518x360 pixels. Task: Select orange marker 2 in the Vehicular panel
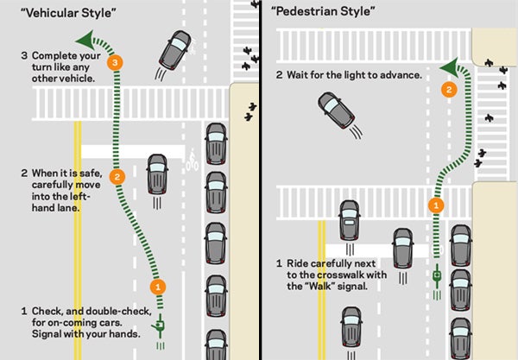[120, 176]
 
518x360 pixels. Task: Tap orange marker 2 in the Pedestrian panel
[448, 89]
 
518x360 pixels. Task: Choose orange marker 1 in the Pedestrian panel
[436, 205]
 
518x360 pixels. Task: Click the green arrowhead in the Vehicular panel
[83, 39]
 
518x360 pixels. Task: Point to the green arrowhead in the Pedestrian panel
[446, 67]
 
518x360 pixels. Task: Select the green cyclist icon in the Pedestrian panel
[437, 277]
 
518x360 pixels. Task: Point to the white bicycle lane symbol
[192, 161]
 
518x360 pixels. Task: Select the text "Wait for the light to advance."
[354, 75]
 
